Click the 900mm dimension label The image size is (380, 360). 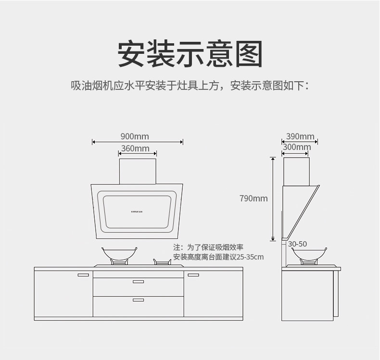click(135, 137)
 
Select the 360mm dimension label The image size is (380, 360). click(135, 149)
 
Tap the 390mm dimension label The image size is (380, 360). click(300, 137)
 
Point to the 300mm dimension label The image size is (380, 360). click(297, 147)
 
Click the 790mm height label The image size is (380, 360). click(253, 198)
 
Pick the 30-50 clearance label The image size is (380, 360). click(297, 244)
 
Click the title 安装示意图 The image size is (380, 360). click(190, 54)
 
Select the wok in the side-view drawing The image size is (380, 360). click(309, 253)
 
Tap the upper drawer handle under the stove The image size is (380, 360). click(138, 281)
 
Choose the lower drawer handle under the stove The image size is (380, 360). click(138, 300)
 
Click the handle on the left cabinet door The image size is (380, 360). click(83, 275)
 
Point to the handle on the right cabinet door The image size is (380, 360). click(193, 275)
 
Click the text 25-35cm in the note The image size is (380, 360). click(253, 258)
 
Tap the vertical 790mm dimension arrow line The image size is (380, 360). click(273, 198)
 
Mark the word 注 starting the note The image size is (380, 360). click(177, 247)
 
